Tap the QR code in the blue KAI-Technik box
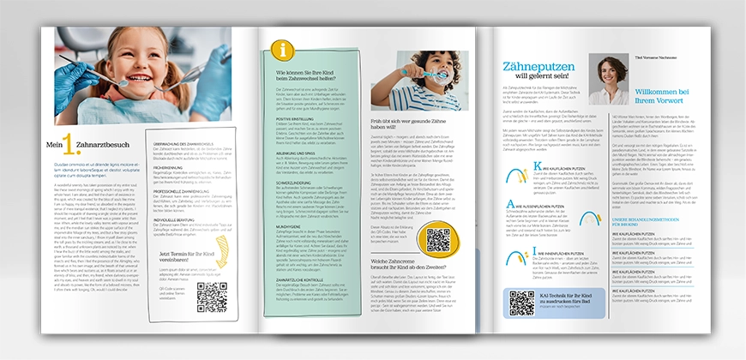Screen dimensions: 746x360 [522, 303]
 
